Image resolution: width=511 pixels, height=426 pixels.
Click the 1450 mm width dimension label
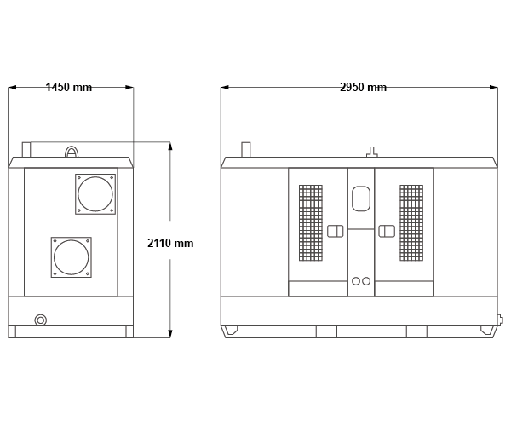point(69,88)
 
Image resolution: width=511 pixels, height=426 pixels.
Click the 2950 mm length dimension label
point(363,88)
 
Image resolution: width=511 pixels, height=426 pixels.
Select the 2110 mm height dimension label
point(170,243)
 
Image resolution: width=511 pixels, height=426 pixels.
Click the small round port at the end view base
point(40,320)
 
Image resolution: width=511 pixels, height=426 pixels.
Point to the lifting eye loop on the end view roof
point(72,147)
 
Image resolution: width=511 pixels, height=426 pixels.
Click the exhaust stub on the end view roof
point(26,150)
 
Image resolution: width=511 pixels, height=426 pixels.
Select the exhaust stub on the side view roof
point(246,150)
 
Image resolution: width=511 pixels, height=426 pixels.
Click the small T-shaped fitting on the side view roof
point(372,153)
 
